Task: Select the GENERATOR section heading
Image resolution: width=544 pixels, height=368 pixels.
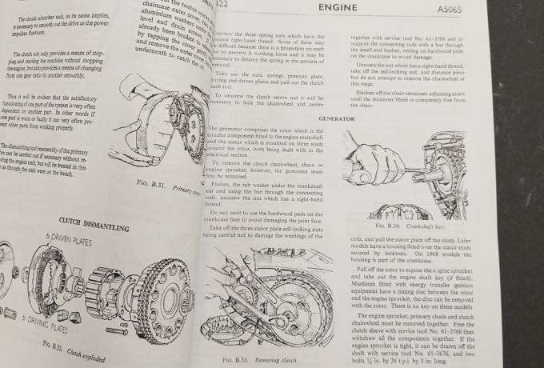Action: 336,118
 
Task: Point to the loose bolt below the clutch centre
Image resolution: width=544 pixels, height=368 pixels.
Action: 116,330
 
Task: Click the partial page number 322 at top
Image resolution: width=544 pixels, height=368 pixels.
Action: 219,5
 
